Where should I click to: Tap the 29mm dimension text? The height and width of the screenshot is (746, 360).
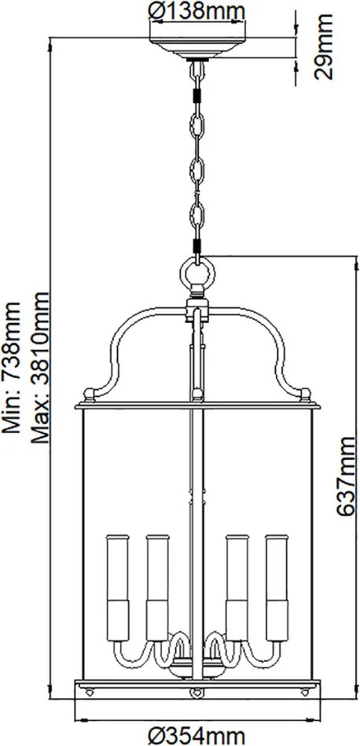click(x=325, y=46)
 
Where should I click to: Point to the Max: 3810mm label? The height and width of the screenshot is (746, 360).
click(x=39, y=368)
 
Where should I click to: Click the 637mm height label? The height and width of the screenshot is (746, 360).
click(x=345, y=477)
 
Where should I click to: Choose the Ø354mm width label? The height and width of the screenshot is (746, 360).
click(x=197, y=736)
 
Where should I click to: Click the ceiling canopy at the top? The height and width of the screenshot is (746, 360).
click(x=197, y=49)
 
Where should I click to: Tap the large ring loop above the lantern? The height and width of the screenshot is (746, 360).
click(x=197, y=273)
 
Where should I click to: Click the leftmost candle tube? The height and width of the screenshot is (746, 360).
click(x=117, y=588)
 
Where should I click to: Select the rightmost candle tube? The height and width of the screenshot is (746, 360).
click(x=277, y=588)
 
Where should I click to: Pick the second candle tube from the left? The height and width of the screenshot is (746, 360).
click(x=157, y=588)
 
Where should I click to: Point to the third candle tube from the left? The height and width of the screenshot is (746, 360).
click(x=237, y=588)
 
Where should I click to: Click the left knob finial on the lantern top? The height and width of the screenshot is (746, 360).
click(x=89, y=394)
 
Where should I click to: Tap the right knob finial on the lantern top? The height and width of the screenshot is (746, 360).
click(x=307, y=394)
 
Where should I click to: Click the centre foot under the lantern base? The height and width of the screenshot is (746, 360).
click(x=195, y=693)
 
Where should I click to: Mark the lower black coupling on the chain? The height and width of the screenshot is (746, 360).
click(x=197, y=247)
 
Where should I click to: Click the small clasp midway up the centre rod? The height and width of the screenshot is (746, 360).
click(x=197, y=495)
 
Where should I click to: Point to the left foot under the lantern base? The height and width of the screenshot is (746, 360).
click(x=89, y=693)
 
